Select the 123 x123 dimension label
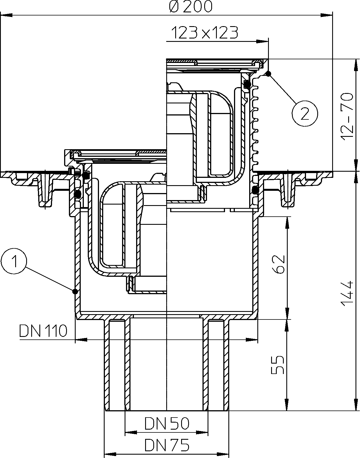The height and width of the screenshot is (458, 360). coord(205,33)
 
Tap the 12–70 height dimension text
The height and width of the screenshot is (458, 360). coord(347,115)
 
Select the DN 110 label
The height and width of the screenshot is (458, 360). coord(43,331)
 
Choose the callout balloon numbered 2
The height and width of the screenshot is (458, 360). coord(305,114)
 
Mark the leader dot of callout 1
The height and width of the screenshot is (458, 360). coord(75,292)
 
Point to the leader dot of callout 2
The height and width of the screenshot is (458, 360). coord(269,74)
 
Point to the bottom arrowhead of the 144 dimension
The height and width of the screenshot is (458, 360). coord(356,405)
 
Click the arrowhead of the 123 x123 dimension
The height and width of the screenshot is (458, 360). coord(263,42)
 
